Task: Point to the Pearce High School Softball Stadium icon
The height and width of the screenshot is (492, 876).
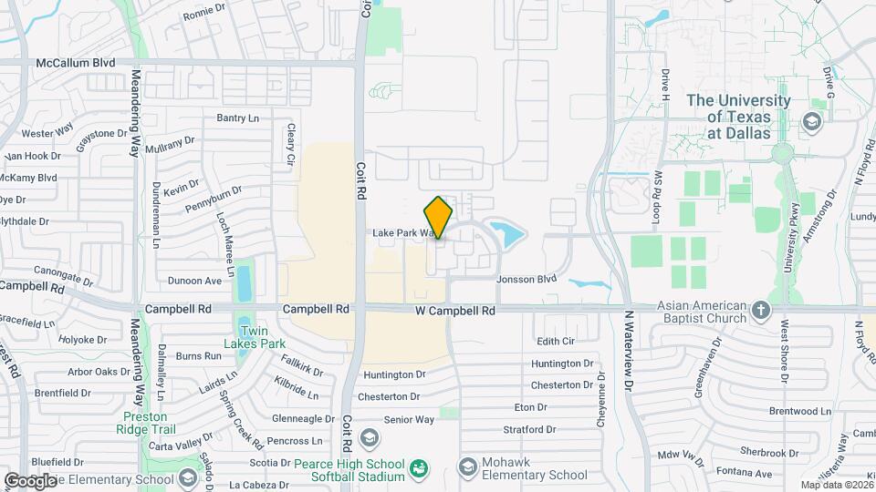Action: click(x=419, y=469)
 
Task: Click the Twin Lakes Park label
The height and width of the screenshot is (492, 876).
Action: click(x=255, y=337)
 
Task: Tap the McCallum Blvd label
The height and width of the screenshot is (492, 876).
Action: click(x=76, y=63)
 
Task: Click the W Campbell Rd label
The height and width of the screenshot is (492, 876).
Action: click(x=457, y=311)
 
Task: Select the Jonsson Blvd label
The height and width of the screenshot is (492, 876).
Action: click(x=526, y=280)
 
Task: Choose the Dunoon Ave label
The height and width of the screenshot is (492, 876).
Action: click(x=195, y=281)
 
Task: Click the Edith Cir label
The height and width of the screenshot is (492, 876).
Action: click(x=556, y=342)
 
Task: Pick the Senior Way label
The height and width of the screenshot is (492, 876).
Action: click(x=409, y=420)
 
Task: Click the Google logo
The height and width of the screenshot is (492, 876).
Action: click(x=31, y=480)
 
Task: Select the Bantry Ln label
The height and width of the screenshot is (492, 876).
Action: click(x=237, y=118)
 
